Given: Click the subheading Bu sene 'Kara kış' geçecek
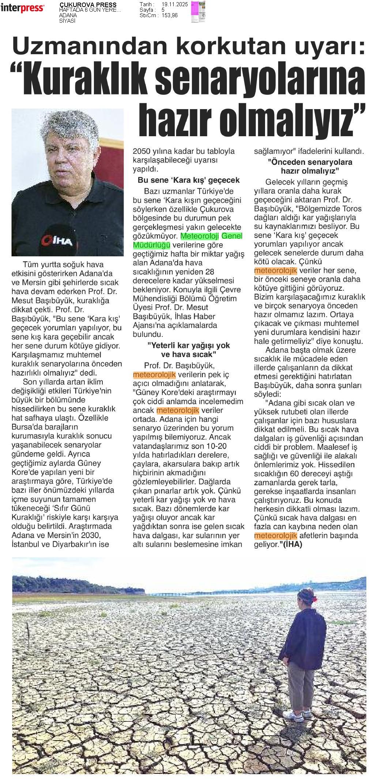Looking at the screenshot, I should [189, 180].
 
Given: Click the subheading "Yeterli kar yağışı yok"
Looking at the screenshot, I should [189, 345].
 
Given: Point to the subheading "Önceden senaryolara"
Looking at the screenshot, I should [310, 162].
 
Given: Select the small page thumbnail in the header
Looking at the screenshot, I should [198, 12].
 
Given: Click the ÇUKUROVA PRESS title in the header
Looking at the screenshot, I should [88, 5].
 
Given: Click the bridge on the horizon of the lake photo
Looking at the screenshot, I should [183, 592].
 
